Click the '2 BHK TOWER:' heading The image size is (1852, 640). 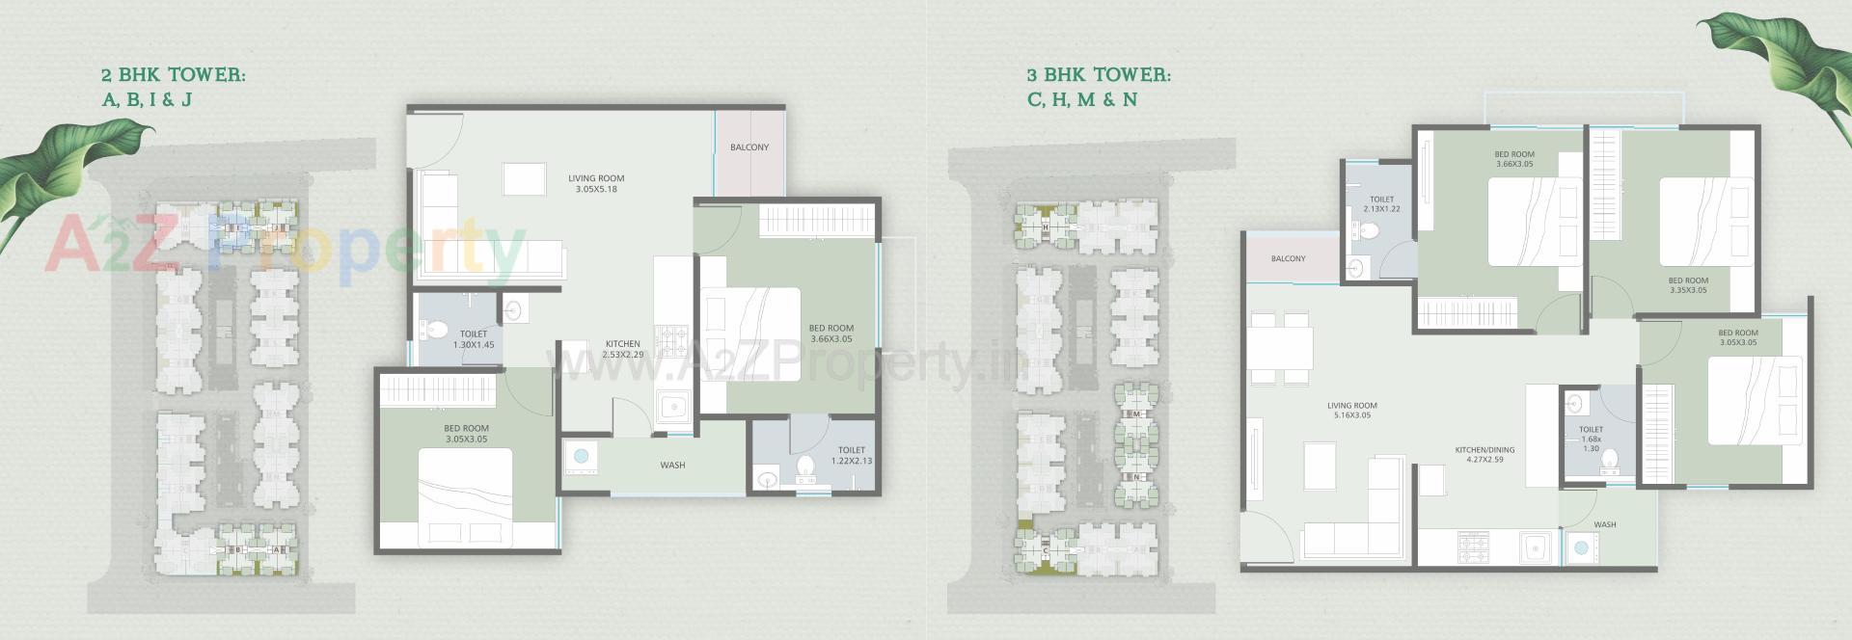coord(174,75)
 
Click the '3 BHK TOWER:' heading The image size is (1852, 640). coord(1099,75)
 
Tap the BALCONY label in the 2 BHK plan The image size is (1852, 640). coord(749,147)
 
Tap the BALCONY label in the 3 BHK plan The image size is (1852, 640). coord(1288,259)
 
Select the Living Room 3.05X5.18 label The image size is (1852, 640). coord(596,183)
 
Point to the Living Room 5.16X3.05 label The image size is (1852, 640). coord(1351,411)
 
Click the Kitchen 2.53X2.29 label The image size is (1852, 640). coord(623,349)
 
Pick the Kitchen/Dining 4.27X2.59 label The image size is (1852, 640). coord(1484,454)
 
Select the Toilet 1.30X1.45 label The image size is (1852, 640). coord(474,339)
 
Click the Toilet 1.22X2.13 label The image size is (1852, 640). coord(851,455)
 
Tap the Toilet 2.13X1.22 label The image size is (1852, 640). coord(1381,204)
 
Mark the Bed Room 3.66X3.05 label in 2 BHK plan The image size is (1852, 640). coord(831,333)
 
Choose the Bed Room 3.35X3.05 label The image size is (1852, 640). coord(1688,285)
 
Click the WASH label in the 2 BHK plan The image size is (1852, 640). coord(672,466)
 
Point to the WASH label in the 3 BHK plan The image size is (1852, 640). coord(1605,525)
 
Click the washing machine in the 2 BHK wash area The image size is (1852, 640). coord(581,456)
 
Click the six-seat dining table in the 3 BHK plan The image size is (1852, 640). coord(1280,348)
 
